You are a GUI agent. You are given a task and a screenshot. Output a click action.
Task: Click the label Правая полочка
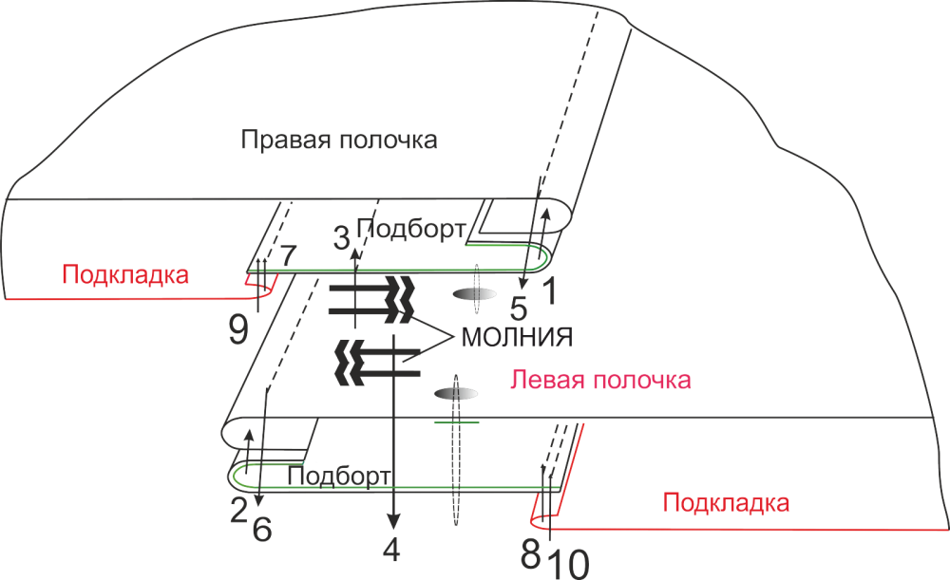[339, 141]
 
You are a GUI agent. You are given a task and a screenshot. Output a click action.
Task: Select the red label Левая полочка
[599, 381]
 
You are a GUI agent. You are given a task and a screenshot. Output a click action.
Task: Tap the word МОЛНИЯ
[519, 337]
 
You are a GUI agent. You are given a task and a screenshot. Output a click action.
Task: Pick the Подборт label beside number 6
[339, 475]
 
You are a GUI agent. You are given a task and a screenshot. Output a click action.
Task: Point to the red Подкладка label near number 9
[125, 275]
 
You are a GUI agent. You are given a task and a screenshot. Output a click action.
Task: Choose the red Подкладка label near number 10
[726, 501]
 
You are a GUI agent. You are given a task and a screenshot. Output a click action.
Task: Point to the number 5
[518, 307]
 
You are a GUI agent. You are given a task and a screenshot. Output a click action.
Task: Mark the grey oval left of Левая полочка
[456, 393]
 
